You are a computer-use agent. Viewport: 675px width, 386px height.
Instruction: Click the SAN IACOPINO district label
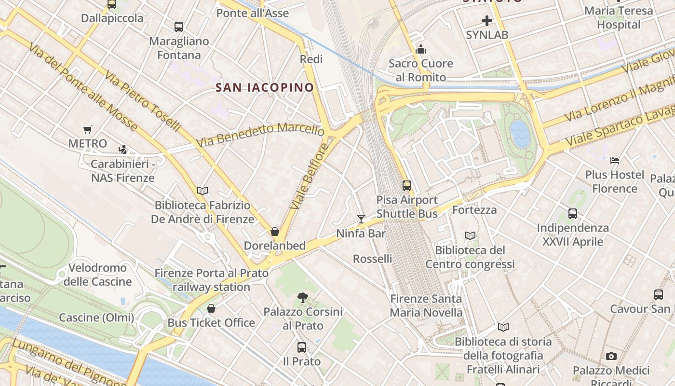click(x=265, y=87)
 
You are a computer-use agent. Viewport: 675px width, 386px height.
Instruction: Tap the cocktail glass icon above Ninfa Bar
click(x=361, y=219)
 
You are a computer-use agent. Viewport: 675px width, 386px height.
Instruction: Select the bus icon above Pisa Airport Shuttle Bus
click(x=407, y=185)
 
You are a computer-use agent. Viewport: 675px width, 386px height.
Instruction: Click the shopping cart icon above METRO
click(x=87, y=129)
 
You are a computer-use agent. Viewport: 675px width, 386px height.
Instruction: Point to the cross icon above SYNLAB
click(x=487, y=21)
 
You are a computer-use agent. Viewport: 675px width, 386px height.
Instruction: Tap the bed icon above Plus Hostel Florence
click(x=615, y=160)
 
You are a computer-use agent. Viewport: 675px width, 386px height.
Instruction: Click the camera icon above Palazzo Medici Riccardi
click(x=611, y=356)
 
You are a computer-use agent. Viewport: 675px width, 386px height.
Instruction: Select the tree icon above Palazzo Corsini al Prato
click(x=303, y=297)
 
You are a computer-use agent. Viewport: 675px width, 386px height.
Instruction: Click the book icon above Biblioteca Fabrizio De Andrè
click(x=202, y=191)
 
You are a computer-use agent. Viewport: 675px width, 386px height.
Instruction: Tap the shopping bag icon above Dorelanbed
click(x=275, y=232)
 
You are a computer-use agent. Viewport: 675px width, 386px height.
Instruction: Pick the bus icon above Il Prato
click(x=302, y=347)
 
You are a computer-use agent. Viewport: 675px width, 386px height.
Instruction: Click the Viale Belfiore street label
click(x=309, y=176)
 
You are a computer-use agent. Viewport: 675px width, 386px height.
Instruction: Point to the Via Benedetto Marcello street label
click(x=260, y=135)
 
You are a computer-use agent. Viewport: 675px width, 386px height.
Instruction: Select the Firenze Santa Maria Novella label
click(x=426, y=305)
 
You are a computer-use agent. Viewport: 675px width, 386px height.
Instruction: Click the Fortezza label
click(x=474, y=210)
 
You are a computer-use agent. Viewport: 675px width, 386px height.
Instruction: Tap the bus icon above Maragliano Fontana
click(x=179, y=27)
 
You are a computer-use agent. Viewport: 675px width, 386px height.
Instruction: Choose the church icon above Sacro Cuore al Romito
click(x=421, y=49)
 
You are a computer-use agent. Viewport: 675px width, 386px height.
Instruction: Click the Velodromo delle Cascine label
click(x=97, y=275)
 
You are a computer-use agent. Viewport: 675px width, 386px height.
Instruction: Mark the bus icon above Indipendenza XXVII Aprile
click(x=573, y=213)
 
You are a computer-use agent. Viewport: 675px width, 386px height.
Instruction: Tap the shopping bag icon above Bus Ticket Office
click(x=211, y=308)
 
